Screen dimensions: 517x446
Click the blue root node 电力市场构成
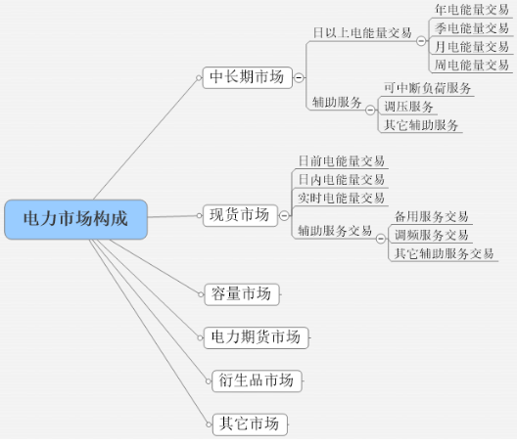click(x=75, y=219)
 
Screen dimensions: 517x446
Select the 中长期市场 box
click(x=248, y=77)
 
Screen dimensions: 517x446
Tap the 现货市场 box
click(x=240, y=215)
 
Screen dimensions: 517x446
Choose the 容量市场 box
click(x=242, y=294)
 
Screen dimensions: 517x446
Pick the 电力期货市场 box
click(x=257, y=337)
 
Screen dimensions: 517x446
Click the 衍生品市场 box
click(x=257, y=380)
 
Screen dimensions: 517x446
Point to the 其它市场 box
click(x=250, y=424)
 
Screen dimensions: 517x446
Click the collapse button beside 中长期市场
click(x=299, y=77)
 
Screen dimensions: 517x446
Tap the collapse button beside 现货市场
click(x=284, y=215)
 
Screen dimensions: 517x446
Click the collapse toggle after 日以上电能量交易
click(x=421, y=41)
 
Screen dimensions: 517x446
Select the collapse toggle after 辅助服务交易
click(x=381, y=238)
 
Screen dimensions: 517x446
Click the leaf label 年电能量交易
click(x=472, y=10)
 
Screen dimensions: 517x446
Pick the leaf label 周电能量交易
click(x=472, y=65)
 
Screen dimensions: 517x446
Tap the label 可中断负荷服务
click(x=428, y=88)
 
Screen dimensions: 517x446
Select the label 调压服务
click(x=409, y=107)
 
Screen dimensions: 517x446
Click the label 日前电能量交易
click(x=342, y=161)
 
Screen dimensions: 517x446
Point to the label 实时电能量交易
click(x=342, y=198)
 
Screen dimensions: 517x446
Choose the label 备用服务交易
click(x=432, y=217)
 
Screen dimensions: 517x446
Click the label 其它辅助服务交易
click(x=445, y=253)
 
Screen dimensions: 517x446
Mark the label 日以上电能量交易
click(x=362, y=33)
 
